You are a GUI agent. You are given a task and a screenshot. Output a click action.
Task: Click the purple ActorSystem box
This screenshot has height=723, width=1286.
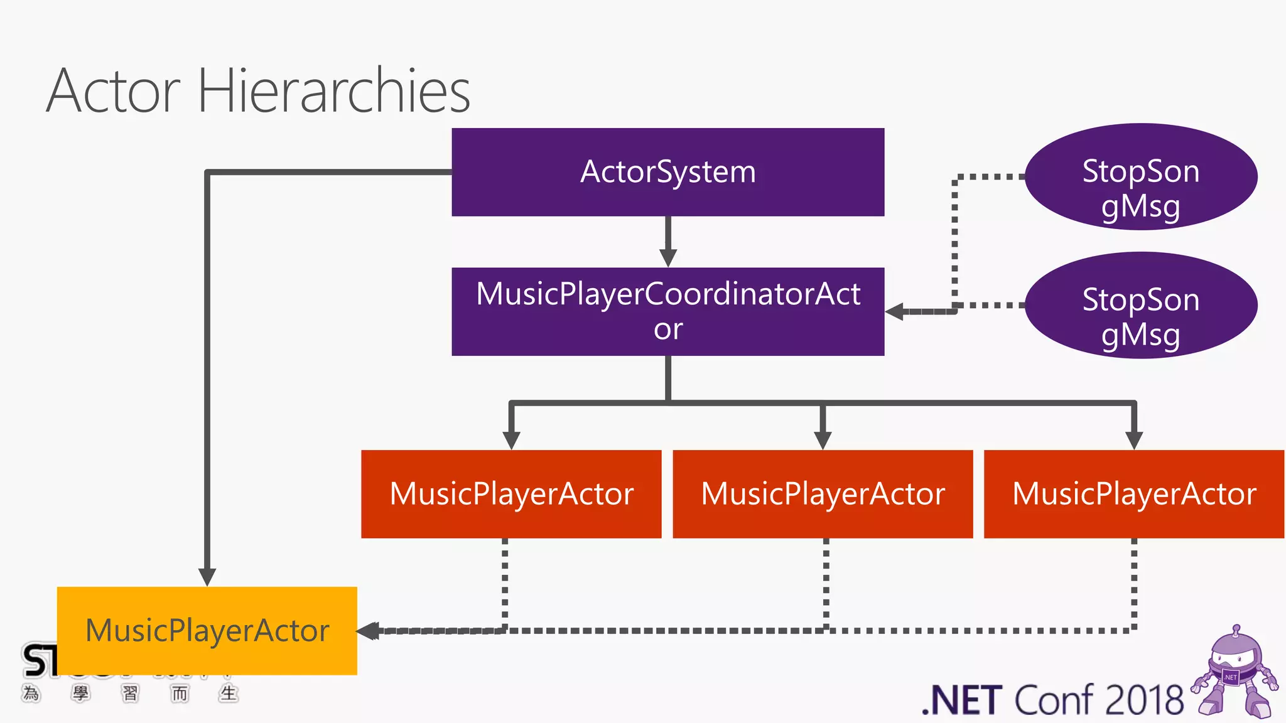[x=667, y=172]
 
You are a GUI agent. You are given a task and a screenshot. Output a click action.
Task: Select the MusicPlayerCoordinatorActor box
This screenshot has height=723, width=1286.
[x=667, y=311]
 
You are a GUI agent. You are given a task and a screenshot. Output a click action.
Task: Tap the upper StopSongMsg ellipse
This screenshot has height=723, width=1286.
[x=1140, y=178]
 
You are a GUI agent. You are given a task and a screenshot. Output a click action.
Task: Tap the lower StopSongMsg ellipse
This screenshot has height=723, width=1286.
[x=1140, y=306]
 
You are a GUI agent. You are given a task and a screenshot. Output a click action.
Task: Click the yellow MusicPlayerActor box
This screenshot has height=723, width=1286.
[x=207, y=630]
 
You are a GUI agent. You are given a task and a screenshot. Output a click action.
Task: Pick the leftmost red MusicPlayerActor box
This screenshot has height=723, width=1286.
[x=511, y=494]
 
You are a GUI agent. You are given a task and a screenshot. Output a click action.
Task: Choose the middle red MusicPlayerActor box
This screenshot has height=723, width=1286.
[x=823, y=494]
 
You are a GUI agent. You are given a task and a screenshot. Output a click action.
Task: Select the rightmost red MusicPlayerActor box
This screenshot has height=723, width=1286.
[x=1133, y=494]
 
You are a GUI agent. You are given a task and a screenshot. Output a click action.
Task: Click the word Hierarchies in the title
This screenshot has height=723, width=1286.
[x=334, y=92]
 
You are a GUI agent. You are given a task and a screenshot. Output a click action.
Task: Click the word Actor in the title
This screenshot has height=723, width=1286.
[x=113, y=92]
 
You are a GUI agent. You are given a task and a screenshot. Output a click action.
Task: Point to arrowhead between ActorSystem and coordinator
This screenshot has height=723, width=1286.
[x=667, y=258]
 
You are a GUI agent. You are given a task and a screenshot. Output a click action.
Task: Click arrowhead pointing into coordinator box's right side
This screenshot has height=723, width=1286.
[x=895, y=311]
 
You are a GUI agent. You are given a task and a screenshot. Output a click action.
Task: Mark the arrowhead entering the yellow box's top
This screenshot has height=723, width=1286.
[x=207, y=577]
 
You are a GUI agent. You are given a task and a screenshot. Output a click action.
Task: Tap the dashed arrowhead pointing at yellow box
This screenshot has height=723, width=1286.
[x=369, y=631]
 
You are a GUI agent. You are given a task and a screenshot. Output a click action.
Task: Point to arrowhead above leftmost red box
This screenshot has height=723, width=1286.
[x=511, y=440]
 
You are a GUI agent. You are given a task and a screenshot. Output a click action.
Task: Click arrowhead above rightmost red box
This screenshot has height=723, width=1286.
[x=1133, y=440]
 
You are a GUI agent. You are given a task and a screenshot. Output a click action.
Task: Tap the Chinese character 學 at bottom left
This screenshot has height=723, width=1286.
[x=80, y=694]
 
